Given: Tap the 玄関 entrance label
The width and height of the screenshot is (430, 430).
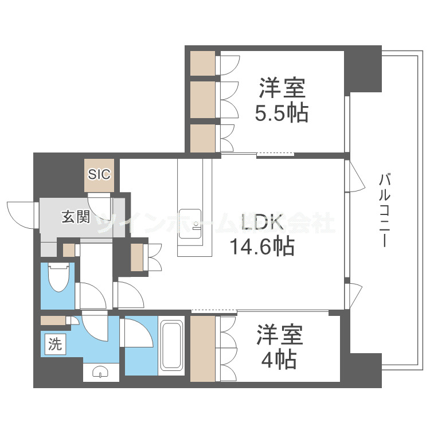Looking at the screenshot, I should (76, 217).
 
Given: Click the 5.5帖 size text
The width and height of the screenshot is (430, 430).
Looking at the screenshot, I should (282, 112).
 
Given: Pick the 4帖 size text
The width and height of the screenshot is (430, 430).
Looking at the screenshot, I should (277, 359).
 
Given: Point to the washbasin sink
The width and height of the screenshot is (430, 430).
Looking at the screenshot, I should (101, 373).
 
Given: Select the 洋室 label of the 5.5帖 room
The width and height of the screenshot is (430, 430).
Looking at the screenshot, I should (282, 89).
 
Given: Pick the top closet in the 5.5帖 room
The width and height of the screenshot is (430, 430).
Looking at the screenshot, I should (202, 63).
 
